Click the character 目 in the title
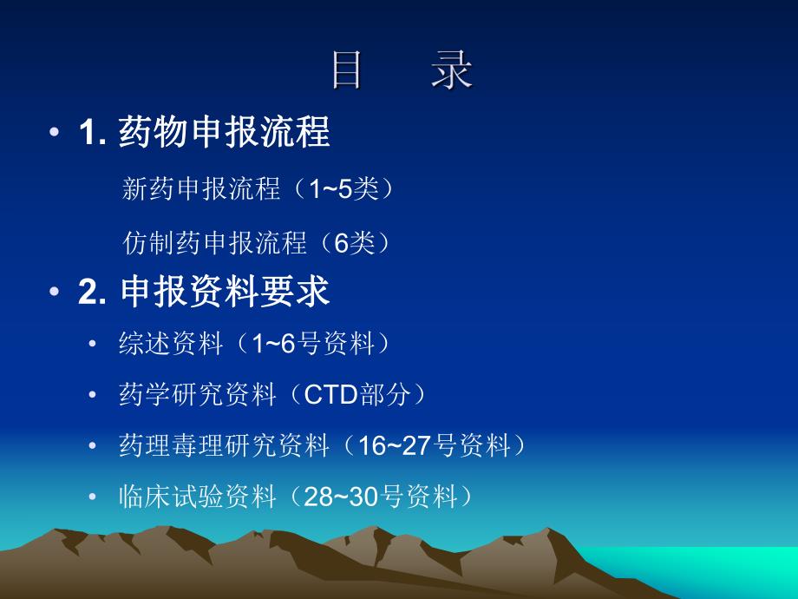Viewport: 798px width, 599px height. coord(347,71)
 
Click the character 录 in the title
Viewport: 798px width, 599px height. coord(452,71)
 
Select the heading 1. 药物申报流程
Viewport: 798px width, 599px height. coord(204,133)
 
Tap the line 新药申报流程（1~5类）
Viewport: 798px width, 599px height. coord(258,189)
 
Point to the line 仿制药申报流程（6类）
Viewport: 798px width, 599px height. coord(257,243)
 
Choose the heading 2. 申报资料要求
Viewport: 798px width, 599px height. coord(204,293)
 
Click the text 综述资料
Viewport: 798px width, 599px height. coord(171,345)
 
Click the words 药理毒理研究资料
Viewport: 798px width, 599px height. coord(224,447)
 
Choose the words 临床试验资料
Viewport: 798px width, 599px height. coord(197,497)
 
